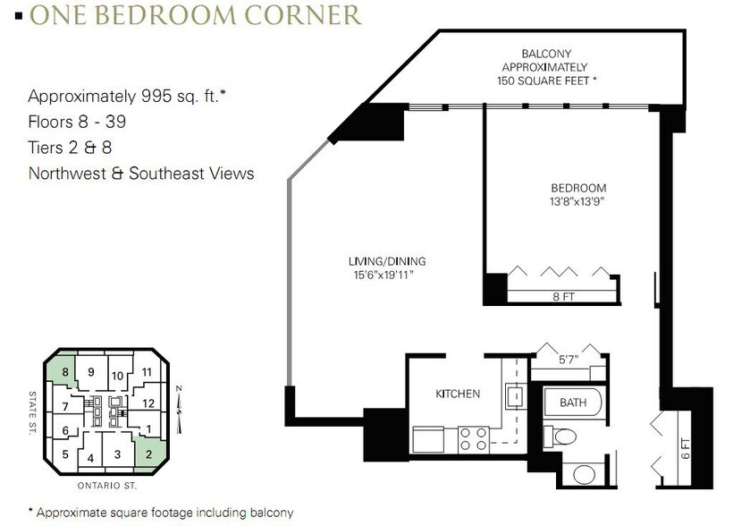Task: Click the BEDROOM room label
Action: coord(578,188)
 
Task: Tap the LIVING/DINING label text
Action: coord(387,261)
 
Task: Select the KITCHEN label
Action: coord(458,394)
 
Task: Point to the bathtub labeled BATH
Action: coord(573,402)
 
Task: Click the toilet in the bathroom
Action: coord(561,437)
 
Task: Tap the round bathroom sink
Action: coord(584,474)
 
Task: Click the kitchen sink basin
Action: coord(516,396)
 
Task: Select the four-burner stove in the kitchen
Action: coord(473,439)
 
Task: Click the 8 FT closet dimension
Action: coord(563,297)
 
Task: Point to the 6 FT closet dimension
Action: coord(686,448)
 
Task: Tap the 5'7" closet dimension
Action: coord(569,360)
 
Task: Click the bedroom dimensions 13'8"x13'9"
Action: coord(577,201)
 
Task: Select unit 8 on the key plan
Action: coord(65,372)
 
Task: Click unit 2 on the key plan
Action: coord(148,454)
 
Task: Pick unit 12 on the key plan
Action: coord(148,403)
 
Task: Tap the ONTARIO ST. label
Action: coord(107,486)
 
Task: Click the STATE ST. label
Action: coord(32,413)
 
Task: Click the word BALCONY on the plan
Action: coord(546,54)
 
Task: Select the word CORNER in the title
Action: coord(303,15)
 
